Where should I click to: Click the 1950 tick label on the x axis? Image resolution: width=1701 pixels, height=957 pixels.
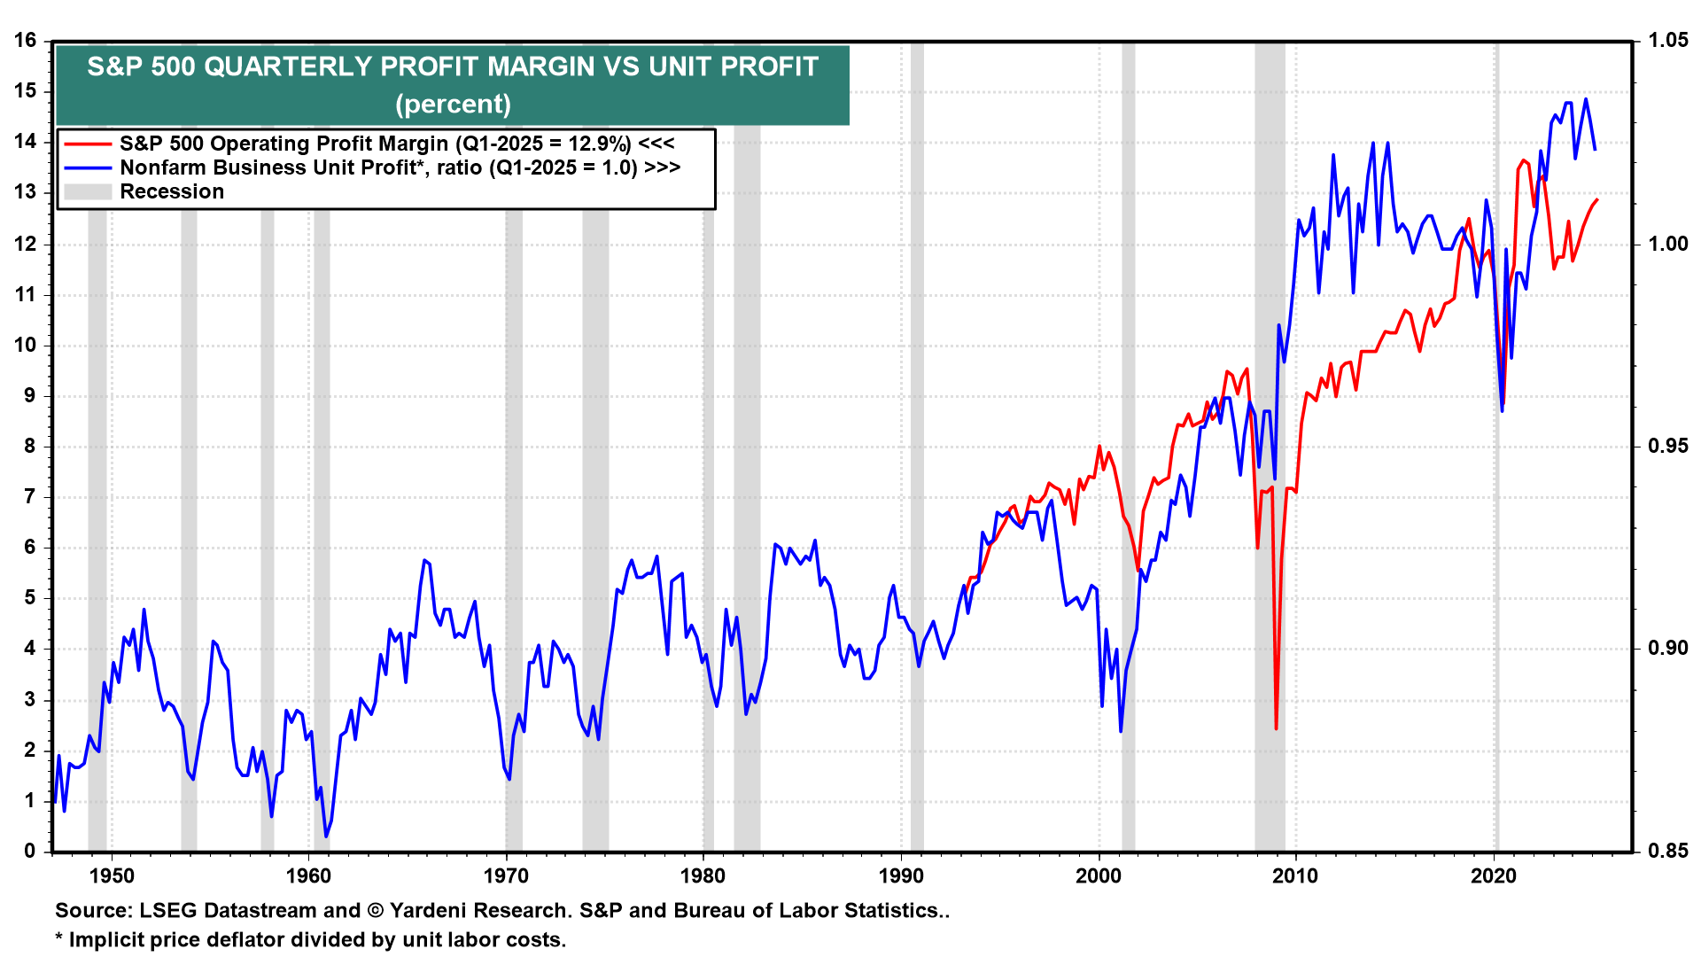pos(112,876)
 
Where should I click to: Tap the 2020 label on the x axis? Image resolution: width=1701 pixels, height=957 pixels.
pos(1494,876)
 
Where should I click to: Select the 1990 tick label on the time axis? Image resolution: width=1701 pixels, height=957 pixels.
pos(901,876)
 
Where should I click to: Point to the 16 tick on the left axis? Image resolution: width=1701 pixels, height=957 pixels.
pos(25,41)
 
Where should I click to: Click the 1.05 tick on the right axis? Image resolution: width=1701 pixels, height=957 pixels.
pos(1667,41)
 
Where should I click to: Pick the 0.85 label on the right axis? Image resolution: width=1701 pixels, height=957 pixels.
pos(1667,852)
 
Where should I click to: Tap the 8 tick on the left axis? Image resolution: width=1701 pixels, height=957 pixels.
pos(30,447)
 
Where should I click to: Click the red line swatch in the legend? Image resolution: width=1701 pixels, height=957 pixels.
pos(88,144)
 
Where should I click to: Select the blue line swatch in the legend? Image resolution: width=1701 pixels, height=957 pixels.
pos(88,167)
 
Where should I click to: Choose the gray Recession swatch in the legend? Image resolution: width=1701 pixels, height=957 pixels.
pos(88,191)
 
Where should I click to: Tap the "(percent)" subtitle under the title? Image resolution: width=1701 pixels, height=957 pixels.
pos(453,105)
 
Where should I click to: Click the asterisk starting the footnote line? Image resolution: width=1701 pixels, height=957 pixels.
pos(59,938)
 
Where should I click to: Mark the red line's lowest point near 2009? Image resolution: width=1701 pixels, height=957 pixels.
pos(1276,728)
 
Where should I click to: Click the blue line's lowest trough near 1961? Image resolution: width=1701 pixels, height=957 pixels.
pos(326,836)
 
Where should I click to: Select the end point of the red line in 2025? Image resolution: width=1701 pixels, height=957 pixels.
pos(1596,199)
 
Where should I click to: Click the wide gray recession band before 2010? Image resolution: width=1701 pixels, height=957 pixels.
pos(1270,443)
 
